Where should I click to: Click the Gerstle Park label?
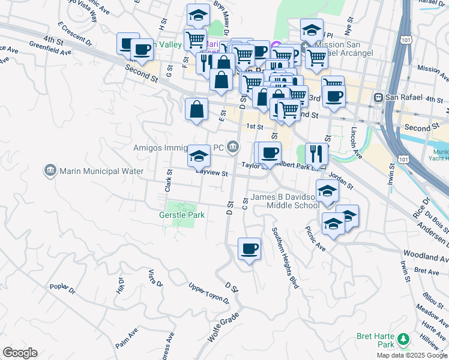click(182, 215)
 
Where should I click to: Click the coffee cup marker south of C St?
click(249, 248)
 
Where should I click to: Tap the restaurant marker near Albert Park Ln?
click(316, 154)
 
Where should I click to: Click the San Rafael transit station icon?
click(379, 98)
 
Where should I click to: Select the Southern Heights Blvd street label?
click(285, 257)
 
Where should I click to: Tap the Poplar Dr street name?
click(62, 289)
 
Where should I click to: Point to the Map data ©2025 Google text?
click(412, 355)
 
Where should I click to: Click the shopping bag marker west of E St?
click(196, 109)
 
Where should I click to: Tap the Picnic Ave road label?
click(315, 238)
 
